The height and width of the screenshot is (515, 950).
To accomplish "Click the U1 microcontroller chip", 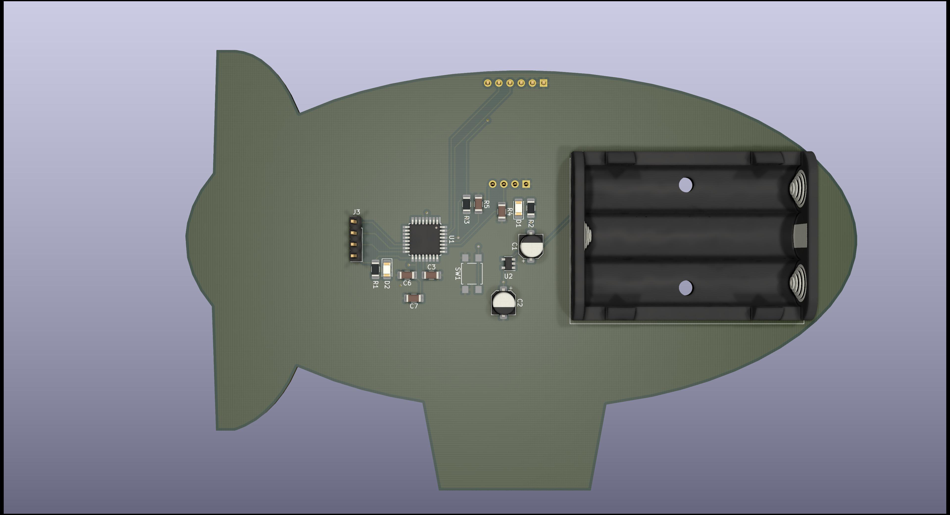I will click(x=425, y=240).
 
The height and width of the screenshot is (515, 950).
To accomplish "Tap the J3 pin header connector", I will click(x=355, y=239).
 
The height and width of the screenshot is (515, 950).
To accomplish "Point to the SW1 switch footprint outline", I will click(x=472, y=274).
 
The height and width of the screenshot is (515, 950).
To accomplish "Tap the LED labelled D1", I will click(x=519, y=208).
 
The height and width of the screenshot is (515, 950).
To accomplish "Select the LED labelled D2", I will click(x=386, y=269).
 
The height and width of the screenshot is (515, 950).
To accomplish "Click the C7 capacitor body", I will click(x=414, y=298).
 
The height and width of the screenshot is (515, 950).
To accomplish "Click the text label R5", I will click(x=486, y=205).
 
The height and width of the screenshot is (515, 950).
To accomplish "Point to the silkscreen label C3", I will click(x=431, y=267).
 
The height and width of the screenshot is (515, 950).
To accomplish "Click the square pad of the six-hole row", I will click(x=543, y=83).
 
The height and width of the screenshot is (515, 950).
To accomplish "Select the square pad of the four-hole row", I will click(x=526, y=184).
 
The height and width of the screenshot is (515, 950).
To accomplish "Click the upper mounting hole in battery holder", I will click(x=685, y=185).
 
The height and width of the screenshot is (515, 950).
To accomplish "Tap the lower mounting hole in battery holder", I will click(x=685, y=288).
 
